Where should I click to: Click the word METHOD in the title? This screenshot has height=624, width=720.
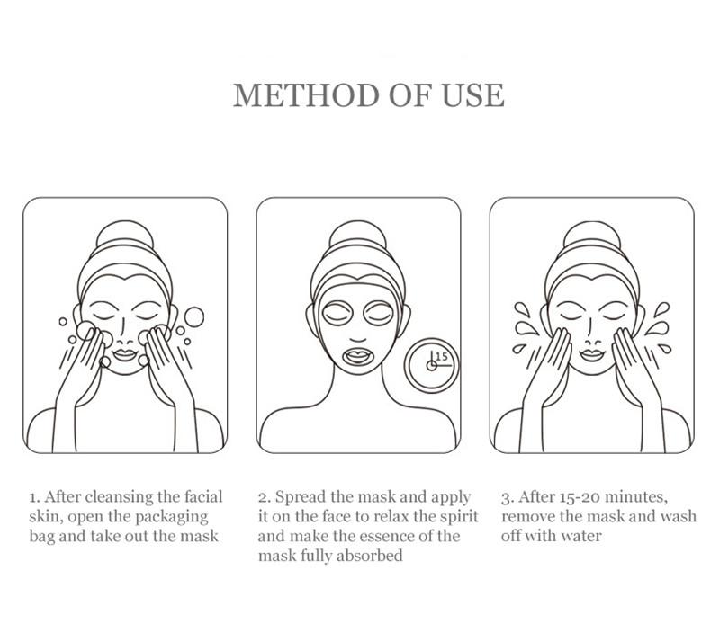307,95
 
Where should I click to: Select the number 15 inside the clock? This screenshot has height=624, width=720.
441,356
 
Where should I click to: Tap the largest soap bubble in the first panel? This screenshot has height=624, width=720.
194,317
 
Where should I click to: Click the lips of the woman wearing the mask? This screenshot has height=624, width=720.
358,355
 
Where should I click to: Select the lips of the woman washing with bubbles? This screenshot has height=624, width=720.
125,354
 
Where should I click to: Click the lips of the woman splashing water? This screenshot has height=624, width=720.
592,354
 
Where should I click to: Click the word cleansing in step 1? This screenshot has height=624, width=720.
120,497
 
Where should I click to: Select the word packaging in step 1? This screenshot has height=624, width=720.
172,518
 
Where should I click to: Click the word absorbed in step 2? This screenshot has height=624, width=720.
369,556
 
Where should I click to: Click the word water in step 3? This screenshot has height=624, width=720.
580,536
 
